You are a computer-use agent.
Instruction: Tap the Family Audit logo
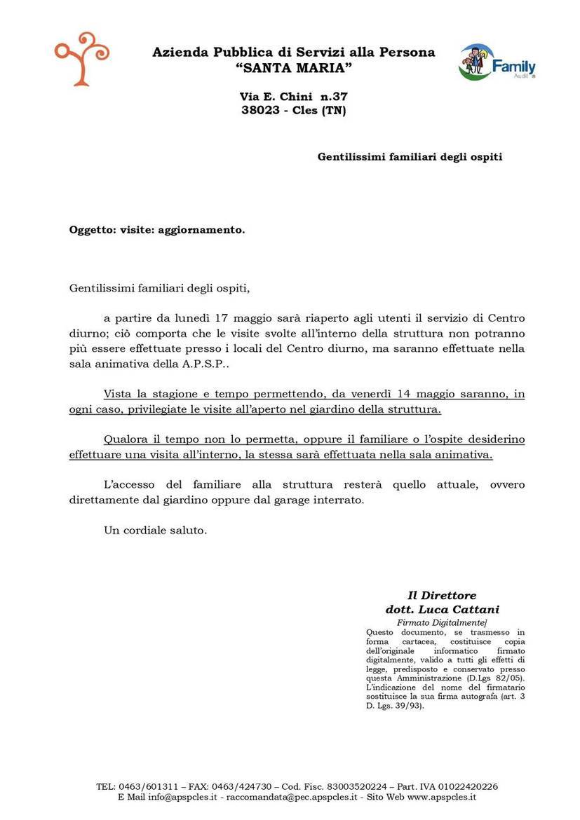click(x=497, y=62)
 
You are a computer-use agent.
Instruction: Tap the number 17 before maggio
click(x=204, y=319)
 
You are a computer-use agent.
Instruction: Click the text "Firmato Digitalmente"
click(x=441, y=622)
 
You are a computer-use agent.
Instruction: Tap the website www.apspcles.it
click(x=442, y=797)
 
